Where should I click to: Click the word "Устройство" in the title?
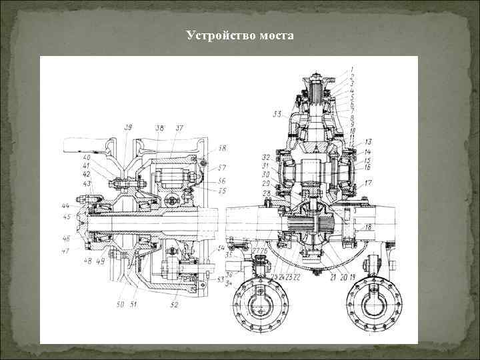coord(217,35)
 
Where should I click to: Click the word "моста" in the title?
coord(273,35)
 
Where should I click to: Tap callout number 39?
coord(127,127)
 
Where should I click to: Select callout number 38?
coord(159,127)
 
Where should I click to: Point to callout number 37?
coord(179,127)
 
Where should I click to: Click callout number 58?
coord(223,148)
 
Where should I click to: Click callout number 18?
coord(368,227)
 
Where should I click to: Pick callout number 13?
coord(368,142)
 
